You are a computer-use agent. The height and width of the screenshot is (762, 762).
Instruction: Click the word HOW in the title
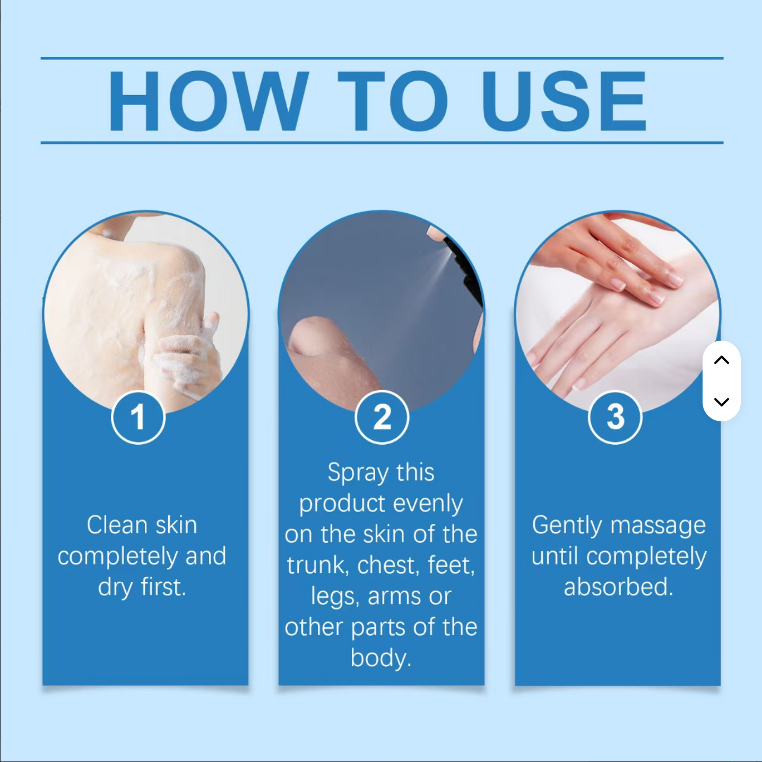pos(208,101)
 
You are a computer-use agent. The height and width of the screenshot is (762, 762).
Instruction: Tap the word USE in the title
pos(564,101)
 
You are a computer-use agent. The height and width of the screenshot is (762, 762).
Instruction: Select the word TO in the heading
pos(393,101)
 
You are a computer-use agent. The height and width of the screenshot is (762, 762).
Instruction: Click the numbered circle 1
pos(138,417)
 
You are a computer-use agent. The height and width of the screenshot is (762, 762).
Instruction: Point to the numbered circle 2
pos(382,417)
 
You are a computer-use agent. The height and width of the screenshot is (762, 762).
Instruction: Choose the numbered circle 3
pos(615,417)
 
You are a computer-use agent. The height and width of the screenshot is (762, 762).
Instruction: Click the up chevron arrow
pos(722,360)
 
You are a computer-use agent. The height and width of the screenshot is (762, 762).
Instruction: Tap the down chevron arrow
pos(722,402)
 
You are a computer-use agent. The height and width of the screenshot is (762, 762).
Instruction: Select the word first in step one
pos(163,587)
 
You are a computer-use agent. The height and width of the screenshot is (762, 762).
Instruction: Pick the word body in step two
pos(381,659)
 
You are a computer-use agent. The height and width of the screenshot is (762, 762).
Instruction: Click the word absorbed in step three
pos(618,587)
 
